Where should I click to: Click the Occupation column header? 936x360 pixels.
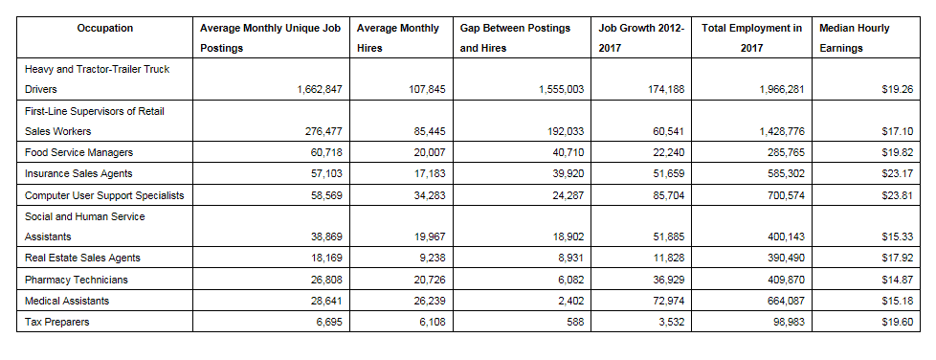coord(105,29)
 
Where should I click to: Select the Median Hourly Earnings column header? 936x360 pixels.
coord(854,38)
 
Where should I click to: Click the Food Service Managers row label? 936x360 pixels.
coord(78,152)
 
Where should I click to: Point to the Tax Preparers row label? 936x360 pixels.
coord(57,322)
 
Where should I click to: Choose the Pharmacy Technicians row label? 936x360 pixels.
coord(76,280)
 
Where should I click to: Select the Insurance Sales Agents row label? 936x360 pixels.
coord(78,173)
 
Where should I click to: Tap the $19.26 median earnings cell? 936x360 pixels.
coord(896,89)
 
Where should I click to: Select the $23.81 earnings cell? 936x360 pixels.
coord(896,195)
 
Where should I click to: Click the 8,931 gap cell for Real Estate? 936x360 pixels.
coord(568,259)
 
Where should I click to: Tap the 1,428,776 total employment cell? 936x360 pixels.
coord(774,131)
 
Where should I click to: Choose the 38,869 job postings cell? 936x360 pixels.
coord(325,237)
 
